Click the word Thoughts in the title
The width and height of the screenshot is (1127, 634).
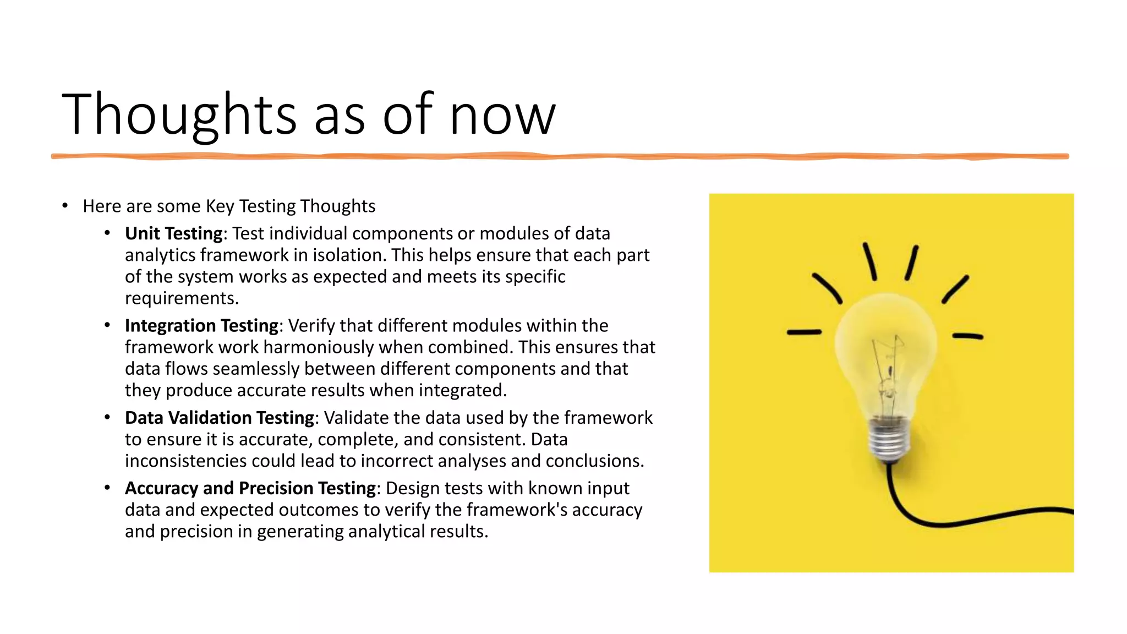click(x=179, y=114)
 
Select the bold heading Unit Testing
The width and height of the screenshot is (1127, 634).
click(x=173, y=233)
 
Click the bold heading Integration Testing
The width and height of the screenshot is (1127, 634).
click(x=201, y=325)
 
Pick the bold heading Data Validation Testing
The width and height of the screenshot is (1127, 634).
click(x=219, y=418)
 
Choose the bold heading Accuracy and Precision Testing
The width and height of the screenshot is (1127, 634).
click(x=250, y=488)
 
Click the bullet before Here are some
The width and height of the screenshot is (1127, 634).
click(x=65, y=206)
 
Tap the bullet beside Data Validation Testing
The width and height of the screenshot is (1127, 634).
click(x=107, y=417)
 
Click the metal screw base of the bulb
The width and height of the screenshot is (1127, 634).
click(x=887, y=440)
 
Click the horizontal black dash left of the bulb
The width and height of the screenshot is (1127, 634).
click(x=803, y=332)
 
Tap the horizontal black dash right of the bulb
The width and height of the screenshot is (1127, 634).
click(x=967, y=336)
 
